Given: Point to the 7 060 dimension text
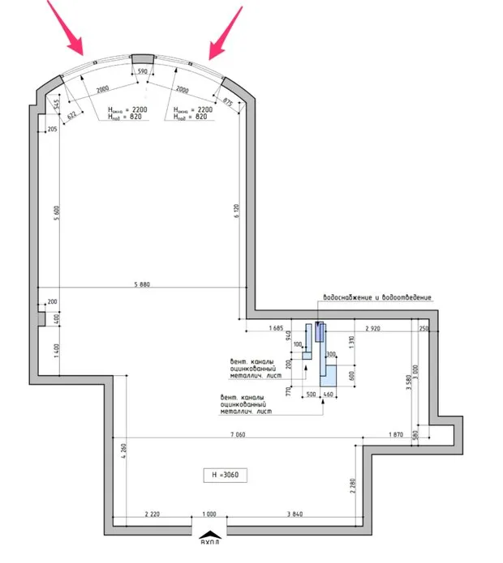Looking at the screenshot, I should tap(238, 434).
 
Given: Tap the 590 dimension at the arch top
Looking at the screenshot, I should tap(142, 72).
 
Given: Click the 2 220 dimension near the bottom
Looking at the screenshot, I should tap(152, 514).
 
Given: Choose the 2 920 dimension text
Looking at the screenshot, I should tap(374, 328).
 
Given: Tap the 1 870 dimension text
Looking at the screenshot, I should tap(394, 434).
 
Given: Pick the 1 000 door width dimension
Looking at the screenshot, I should tap(210, 514).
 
